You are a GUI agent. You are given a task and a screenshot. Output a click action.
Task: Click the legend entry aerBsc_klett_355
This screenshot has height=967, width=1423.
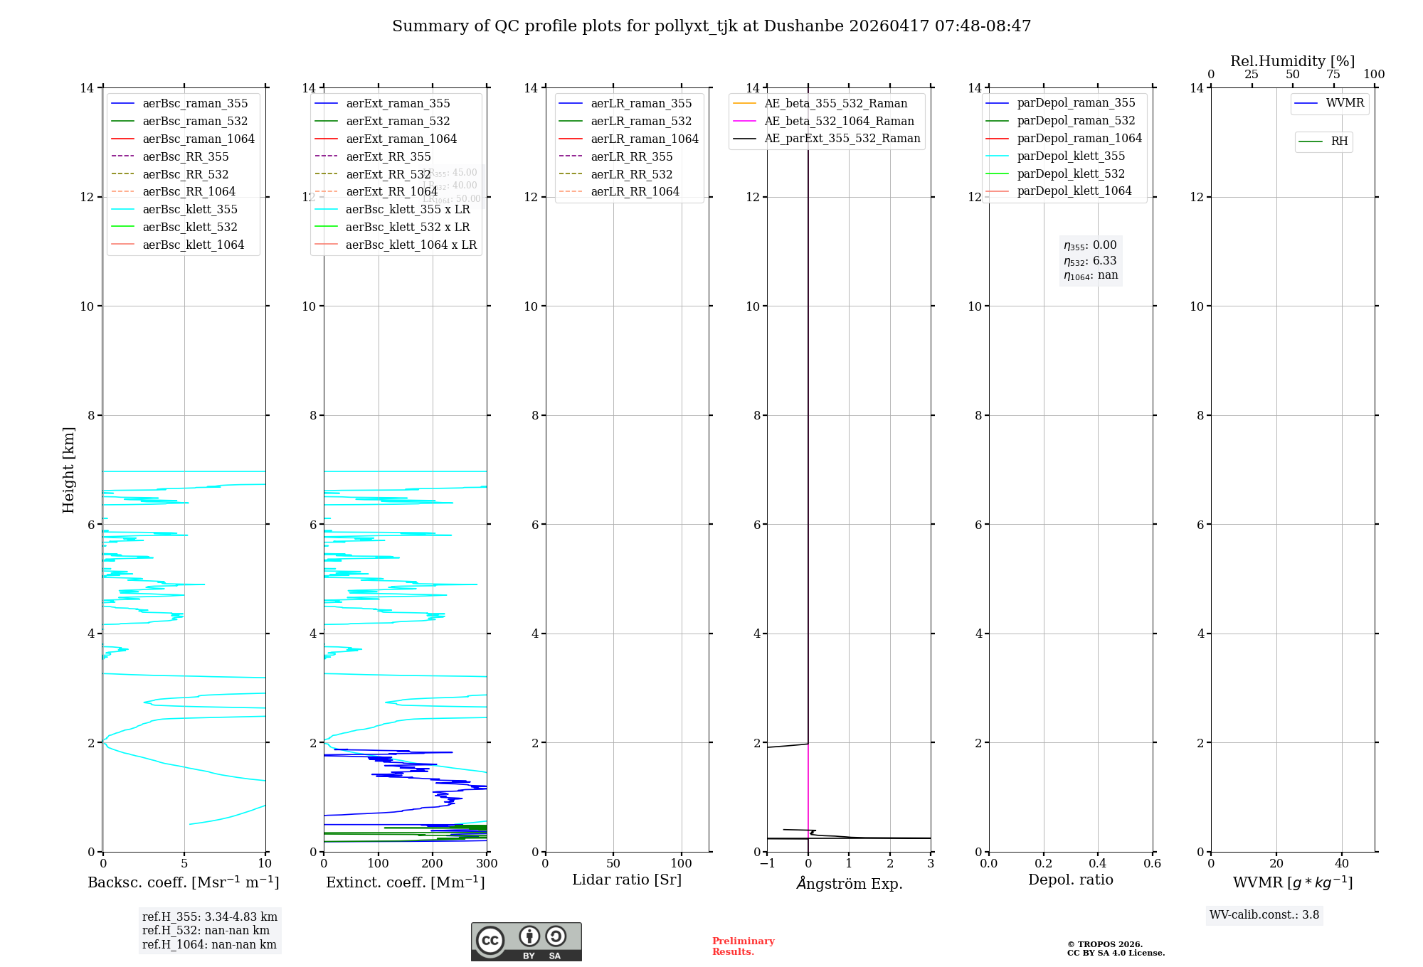[x=190, y=209]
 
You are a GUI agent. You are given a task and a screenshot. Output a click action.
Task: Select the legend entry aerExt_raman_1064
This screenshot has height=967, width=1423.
[x=401, y=139]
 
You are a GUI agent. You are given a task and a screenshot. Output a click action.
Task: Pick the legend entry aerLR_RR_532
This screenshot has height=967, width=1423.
[x=631, y=174]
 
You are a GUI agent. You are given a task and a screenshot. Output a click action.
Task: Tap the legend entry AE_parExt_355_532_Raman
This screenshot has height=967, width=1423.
[x=842, y=138]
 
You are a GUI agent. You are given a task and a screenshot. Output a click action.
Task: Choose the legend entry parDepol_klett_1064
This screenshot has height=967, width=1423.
[x=1074, y=191]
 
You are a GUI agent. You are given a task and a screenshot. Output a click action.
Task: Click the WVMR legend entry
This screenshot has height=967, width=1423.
[x=1345, y=103]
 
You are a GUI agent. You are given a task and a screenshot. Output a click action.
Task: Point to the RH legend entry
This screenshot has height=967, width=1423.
[x=1339, y=141]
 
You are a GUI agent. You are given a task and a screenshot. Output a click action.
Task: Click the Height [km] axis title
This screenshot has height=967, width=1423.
[x=68, y=469]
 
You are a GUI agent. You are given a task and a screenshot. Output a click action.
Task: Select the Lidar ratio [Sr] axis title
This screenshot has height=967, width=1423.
[x=626, y=880]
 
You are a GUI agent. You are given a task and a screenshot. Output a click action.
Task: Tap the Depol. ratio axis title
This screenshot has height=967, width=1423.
[x=1070, y=880]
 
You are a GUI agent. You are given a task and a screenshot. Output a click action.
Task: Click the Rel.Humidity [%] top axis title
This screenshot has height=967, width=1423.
[x=1292, y=61]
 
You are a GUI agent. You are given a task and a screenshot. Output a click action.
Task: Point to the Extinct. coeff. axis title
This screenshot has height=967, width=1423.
[x=405, y=882]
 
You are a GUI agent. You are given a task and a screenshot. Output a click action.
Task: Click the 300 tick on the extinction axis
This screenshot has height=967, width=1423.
[x=487, y=864]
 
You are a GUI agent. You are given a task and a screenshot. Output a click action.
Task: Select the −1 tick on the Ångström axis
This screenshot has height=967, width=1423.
[x=767, y=864]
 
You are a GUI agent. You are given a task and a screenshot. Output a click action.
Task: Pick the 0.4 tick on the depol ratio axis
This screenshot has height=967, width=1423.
[x=1098, y=864]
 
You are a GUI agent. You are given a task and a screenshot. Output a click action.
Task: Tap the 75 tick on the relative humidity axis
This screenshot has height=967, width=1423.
[x=1333, y=75]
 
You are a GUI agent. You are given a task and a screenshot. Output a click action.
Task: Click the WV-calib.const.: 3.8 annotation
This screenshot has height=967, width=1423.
[x=1264, y=915]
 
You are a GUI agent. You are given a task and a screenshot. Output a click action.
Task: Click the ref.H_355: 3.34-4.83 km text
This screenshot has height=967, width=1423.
[x=210, y=917]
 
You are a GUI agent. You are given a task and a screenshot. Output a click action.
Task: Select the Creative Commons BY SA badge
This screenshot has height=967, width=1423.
[x=526, y=941]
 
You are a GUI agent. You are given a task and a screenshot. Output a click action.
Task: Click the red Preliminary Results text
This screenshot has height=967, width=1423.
[x=743, y=946]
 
